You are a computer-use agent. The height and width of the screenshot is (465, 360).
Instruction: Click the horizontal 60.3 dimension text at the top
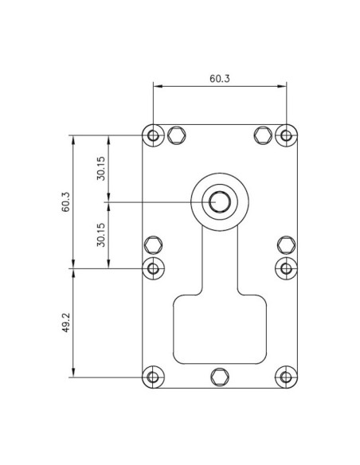point(220,79)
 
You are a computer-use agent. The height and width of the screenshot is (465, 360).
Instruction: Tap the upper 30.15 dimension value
point(101,169)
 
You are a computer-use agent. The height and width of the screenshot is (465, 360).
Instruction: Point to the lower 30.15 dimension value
point(101,235)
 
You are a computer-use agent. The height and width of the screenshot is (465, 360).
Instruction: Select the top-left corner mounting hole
point(154,135)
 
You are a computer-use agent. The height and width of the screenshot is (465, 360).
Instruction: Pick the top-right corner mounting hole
point(286,135)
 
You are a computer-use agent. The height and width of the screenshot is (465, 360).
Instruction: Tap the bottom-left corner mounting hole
point(154,376)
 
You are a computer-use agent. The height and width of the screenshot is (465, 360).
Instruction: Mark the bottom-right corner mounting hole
point(286,376)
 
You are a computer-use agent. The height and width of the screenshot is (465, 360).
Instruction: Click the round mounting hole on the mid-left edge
point(154,268)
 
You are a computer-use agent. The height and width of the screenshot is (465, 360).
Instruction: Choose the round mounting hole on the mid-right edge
point(286,268)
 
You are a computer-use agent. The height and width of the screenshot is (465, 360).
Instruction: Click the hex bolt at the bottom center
point(220,376)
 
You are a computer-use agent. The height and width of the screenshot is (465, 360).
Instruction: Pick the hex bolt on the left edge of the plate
point(154,244)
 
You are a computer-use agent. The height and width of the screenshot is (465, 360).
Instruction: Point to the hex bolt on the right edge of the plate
point(286,244)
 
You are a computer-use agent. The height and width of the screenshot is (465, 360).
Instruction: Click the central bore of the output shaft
point(220,201)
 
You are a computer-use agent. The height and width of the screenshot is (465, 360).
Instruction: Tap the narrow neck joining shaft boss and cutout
point(220,263)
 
